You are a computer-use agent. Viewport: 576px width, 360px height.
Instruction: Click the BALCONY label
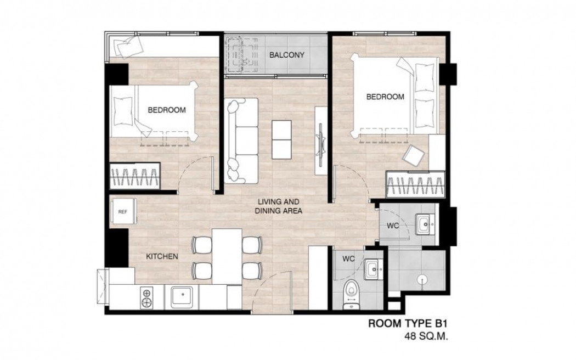click(x=286, y=55)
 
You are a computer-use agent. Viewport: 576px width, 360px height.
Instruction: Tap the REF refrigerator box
click(x=123, y=211)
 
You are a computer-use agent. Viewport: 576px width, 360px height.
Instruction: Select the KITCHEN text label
click(x=162, y=256)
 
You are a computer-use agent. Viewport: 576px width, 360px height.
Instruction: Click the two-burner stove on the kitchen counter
click(x=146, y=297)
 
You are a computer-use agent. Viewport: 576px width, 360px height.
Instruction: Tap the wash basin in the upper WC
click(x=425, y=224)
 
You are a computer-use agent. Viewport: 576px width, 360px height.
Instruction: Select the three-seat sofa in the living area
click(x=242, y=140)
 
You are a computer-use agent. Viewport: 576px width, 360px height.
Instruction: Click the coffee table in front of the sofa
click(x=281, y=139)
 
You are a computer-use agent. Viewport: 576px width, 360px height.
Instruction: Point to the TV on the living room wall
click(x=321, y=140)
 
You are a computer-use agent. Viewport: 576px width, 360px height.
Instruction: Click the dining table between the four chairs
click(x=227, y=256)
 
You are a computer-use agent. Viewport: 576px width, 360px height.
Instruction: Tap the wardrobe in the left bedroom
click(x=135, y=176)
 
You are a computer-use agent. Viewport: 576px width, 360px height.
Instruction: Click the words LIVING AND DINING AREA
click(x=279, y=206)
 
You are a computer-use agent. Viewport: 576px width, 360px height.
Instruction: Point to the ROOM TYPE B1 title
click(x=408, y=324)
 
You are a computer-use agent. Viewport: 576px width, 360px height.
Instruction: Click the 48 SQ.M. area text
click(x=426, y=336)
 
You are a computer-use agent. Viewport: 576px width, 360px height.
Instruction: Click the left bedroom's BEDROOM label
click(x=167, y=110)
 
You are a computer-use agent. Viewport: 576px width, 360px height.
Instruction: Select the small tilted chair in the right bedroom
click(x=413, y=154)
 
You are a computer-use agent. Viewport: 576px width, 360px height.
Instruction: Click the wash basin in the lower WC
click(x=374, y=269)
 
